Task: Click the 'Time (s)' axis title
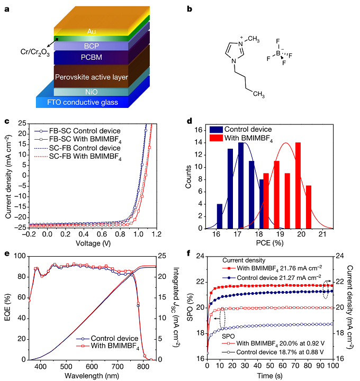[271, 376]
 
